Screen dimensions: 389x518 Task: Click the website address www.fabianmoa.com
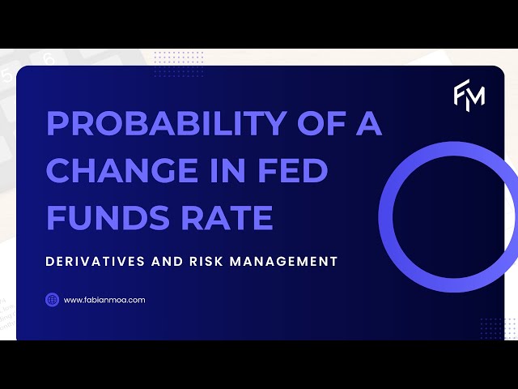[x=104, y=300]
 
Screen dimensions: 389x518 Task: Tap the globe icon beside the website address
[x=52, y=300]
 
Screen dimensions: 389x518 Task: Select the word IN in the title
[x=235, y=171]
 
